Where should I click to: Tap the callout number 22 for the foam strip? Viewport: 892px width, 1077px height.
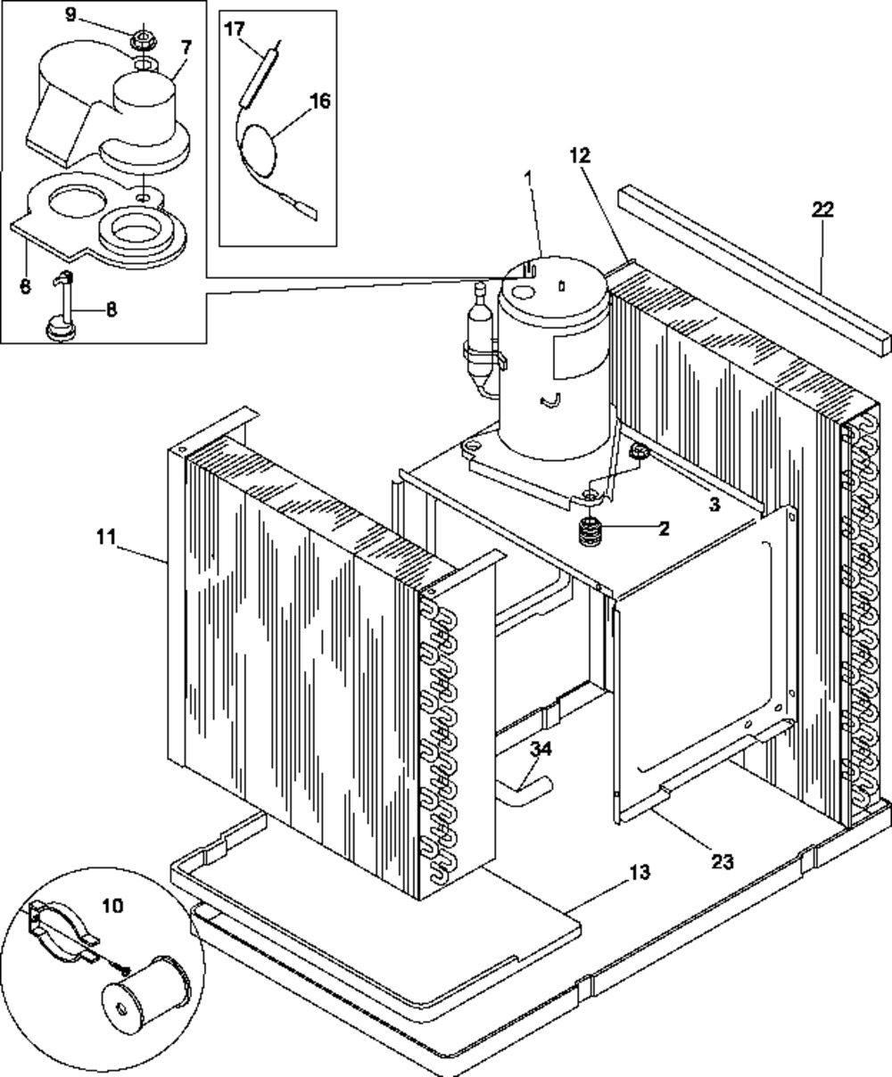tap(822, 209)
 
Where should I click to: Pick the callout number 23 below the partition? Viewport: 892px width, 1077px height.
tap(722, 861)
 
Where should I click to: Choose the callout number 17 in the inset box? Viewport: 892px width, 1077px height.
tap(235, 29)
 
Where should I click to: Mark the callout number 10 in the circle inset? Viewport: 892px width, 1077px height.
tap(113, 906)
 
